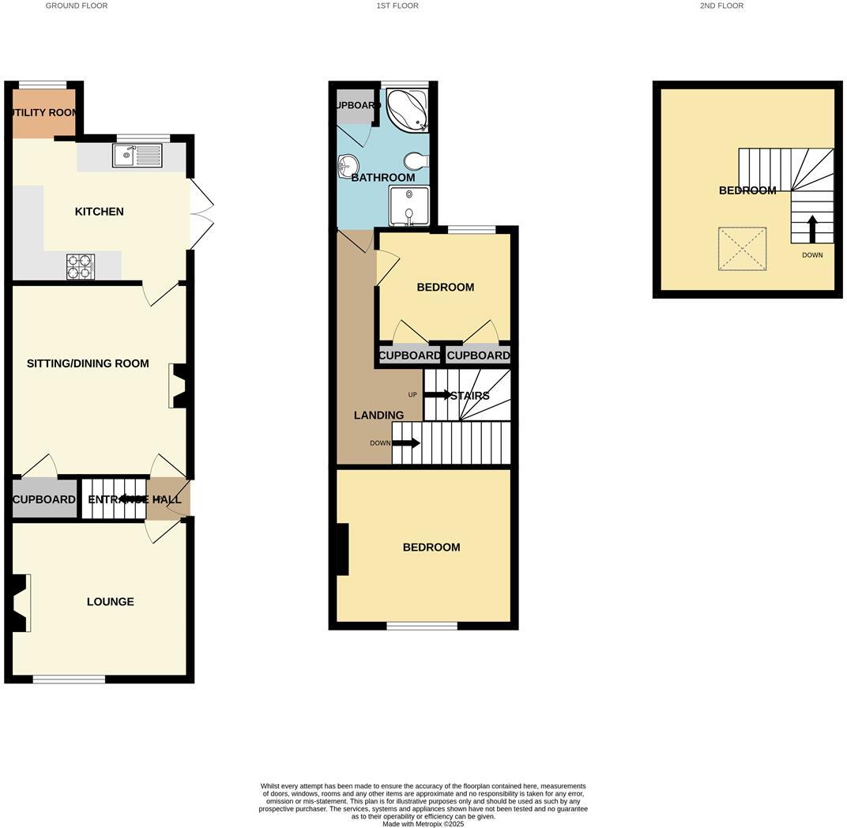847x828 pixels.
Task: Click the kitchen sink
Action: [137, 156]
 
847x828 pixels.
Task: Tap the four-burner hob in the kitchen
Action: [81, 266]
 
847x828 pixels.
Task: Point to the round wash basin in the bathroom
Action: [347, 166]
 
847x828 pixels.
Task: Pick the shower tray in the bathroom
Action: [408, 205]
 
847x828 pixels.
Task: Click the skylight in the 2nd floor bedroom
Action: [742, 249]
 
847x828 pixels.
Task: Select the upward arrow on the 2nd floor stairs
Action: [812, 230]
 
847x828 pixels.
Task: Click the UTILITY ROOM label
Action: [44, 112]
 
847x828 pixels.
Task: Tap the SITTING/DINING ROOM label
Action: [88, 363]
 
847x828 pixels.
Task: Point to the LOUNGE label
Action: [110, 601]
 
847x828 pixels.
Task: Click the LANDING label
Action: [378, 415]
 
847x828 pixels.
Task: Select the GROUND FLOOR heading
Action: [77, 6]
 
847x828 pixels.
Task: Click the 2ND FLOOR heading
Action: [721, 6]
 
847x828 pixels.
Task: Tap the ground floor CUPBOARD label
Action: [44, 499]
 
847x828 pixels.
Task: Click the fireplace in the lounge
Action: [20, 603]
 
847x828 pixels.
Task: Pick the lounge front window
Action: [70, 679]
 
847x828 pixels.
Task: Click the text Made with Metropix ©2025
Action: [423, 824]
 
